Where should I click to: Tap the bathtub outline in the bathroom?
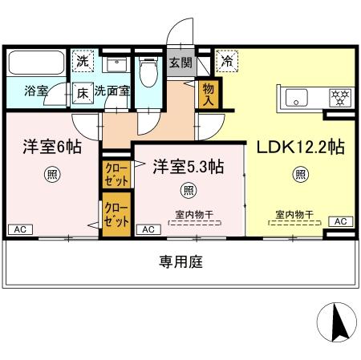tap(38, 63)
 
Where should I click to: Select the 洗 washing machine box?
tap(82, 59)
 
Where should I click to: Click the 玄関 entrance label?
tap(180, 60)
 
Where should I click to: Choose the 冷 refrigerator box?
tap(227, 59)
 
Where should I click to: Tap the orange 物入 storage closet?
tap(209, 91)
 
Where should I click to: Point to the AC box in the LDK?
tap(339, 221)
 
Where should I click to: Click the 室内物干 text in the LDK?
tap(294, 214)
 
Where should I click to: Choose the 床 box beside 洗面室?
tap(83, 91)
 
